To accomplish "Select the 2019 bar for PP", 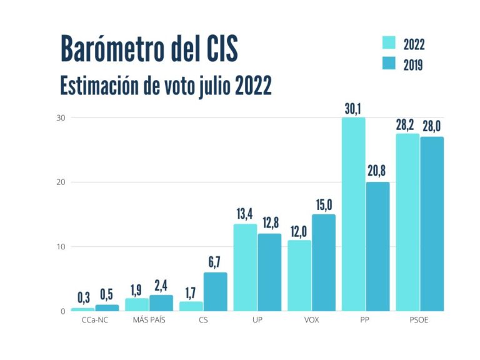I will (377, 246).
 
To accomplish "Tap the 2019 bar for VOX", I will (324, 262).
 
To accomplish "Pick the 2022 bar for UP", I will (245, 267).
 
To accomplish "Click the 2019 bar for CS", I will (216, 291).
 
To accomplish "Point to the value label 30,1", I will (353, 109).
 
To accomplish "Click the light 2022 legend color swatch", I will (389, 42).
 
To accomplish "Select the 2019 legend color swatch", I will (389, 64).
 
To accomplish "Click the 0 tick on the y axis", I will (62, 311).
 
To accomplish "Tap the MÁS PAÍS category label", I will (148, 322).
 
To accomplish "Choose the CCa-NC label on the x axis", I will (94, 322).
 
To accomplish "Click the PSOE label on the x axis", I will (419, 322).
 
